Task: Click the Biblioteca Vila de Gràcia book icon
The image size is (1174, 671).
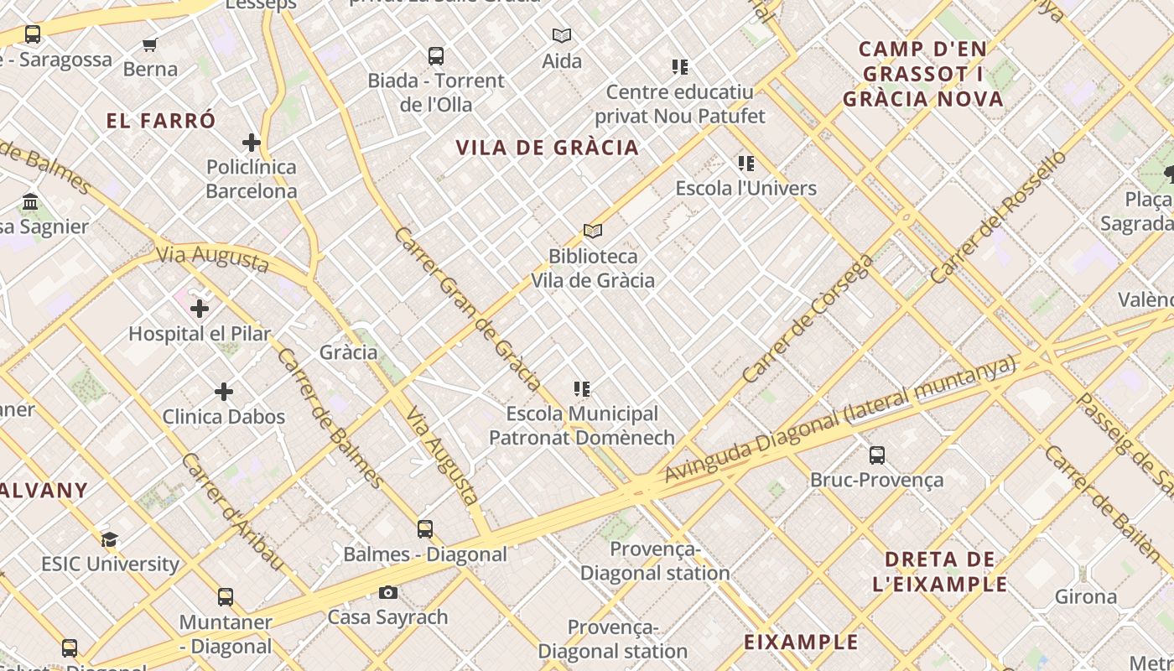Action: (593, 231)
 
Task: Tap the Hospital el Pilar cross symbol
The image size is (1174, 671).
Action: (200, 309)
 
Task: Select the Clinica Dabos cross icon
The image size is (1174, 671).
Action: (224, 392)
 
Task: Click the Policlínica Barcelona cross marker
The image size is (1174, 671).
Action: (252, 142)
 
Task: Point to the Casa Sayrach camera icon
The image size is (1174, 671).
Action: (387, 593)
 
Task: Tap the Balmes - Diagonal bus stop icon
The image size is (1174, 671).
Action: (425, 529)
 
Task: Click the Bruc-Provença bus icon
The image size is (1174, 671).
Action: (877, 455)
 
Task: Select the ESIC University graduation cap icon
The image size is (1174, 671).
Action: (110, 539)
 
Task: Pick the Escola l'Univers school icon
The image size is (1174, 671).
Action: (745, 164)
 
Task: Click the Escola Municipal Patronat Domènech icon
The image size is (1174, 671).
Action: (582, 389)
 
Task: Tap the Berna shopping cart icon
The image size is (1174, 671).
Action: (150, 44)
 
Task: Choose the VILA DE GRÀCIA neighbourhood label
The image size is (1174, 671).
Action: (548, 148)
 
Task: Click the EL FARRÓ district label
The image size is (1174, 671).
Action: (161, 121)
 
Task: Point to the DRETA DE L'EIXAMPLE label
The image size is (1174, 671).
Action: (940, 572)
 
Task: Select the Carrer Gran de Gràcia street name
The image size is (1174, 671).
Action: (466, 309)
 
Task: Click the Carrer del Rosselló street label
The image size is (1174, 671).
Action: (998, 216)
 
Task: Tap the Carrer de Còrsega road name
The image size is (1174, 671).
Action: (807, 320)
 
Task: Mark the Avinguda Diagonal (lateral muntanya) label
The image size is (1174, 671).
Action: (839, 419)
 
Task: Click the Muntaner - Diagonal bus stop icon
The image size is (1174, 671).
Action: (226, 597)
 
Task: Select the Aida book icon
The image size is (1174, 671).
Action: (562, 35)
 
